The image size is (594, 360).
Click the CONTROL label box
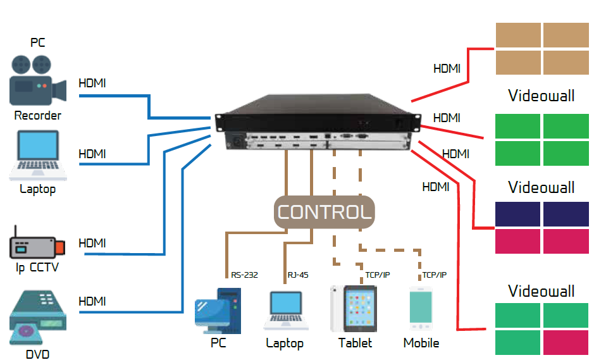tap(325, 212)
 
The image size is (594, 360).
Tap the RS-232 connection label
tap(244, 275)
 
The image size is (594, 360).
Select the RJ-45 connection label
tap(298, 275)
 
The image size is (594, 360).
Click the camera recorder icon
tap(38, 80)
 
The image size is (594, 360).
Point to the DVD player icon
tap(38, 318)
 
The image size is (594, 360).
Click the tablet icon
tap(354, 309)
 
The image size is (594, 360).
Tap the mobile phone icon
tap(421, 309)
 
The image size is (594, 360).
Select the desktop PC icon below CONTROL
tap(218, 311)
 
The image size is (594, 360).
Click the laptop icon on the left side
tap(38, 156)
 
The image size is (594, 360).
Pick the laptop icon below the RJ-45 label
tap(286, 311)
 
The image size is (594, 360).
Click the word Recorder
tap(37, 115)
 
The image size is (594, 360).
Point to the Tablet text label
tap(355, 343)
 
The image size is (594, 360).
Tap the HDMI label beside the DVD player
tap(92, 301)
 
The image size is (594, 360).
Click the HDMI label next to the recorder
tap(92, 83)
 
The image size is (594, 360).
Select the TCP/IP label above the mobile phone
tap(435, 275)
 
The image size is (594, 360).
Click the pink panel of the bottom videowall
tap(566, 342)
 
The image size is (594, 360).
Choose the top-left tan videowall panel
tap(518, 35)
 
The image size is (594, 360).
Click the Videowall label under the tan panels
tap(541, 96)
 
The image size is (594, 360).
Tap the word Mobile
tap(421, 343)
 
